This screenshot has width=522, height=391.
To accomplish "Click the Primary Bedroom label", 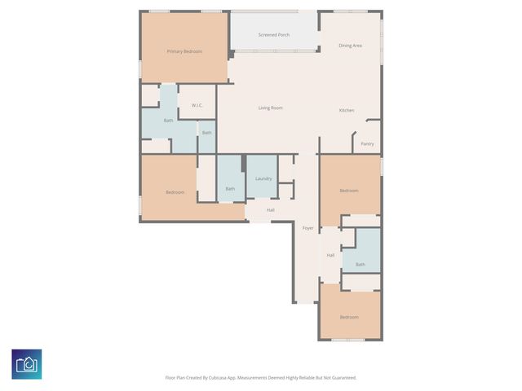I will tap(184, 51).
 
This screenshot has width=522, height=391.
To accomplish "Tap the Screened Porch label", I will tap(274, 35).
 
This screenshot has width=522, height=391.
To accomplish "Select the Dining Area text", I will tap(351, 46).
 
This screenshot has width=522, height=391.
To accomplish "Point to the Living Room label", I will tap(271, 108).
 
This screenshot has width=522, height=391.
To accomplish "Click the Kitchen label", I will tap(347, 110).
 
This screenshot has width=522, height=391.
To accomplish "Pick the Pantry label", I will tap(368, 144).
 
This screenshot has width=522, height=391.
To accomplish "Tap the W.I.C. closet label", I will tap(197, 106).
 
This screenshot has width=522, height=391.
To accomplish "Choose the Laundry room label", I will tap(263, 178).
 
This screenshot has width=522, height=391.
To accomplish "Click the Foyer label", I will tap(308, 228).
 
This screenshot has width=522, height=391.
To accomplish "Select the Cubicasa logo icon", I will tap(27, 364).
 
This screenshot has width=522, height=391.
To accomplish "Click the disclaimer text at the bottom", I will tap(261, 377).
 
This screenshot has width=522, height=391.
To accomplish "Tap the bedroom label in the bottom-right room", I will tap(349, 317).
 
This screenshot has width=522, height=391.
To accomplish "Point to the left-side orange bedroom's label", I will tap(175, 192).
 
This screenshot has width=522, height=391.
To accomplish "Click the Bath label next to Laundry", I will tap(231, 189).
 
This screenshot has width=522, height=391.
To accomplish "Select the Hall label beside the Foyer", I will tap(330, 256).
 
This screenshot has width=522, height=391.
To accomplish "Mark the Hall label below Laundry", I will tap(270, 210).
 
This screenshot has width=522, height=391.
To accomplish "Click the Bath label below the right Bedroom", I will tap(361, 264).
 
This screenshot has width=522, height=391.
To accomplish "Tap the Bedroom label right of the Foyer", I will tap(349, 191).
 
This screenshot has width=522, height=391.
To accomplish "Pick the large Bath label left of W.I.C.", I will tap(169, 121).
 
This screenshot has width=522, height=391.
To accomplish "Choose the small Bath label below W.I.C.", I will tap(207, 133).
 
